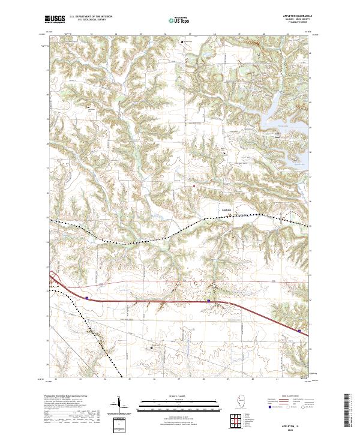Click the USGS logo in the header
click(x=55, y=19)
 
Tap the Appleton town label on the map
click(x=227, y=209)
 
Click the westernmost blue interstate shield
click(x=88, y=297)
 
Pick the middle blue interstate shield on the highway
click(x=208, y=301)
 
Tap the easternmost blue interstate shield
click(x=299, y=329)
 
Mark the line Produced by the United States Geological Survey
click(x=70, y=397)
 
